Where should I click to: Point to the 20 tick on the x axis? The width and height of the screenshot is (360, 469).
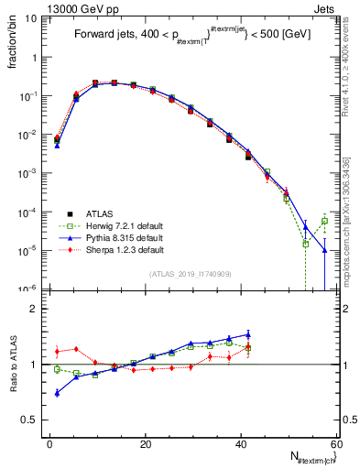[145, 442]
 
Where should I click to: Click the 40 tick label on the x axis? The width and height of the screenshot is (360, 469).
[241, 442]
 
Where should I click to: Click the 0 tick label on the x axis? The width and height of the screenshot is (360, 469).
[49, 442]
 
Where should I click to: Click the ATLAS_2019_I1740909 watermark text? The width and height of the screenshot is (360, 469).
[191, 274]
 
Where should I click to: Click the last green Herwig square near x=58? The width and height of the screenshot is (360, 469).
[325, 221]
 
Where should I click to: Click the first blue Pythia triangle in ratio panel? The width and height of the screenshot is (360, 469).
[57, 393]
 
